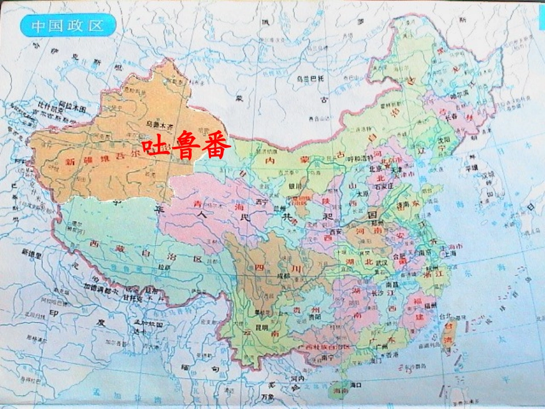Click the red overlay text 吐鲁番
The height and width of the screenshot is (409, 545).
186,147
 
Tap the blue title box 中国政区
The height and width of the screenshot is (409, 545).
67,25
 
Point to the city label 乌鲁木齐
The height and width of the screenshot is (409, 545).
160,123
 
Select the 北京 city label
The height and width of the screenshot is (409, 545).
376,169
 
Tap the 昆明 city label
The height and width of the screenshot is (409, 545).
262,328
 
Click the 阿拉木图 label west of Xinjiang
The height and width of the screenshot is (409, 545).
75,108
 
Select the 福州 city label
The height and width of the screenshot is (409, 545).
431,305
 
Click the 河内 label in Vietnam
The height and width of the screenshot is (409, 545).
297,379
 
